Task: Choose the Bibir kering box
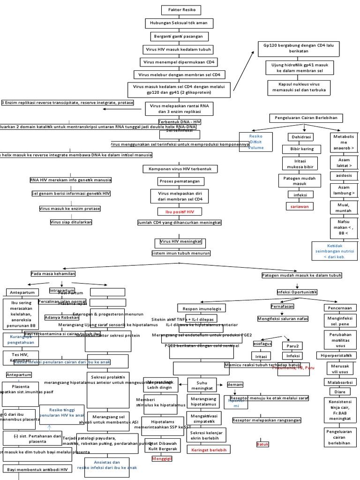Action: pos(301,149)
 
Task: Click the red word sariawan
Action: pos(300,206)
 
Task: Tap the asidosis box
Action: pos(344,175)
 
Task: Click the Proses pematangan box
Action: pos(179,181)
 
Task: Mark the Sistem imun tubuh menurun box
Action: pos(181,253)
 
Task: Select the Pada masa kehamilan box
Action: pos(53,273)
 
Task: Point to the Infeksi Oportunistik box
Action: pos(297,292)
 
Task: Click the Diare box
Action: pos(340,391)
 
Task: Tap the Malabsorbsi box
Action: pos(340,382)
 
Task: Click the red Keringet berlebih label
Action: pos(206,450)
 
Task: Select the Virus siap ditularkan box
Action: pos(71,222)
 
